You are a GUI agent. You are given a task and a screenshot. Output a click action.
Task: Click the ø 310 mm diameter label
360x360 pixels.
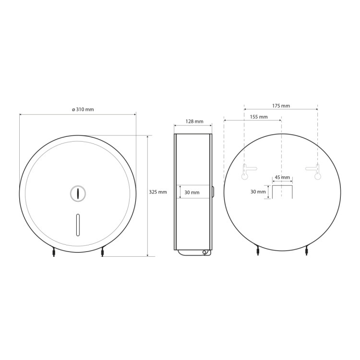[83, 109]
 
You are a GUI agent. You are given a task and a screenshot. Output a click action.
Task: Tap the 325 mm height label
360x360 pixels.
[158, 192]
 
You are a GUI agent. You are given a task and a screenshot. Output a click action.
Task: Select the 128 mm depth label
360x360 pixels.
[194, 121]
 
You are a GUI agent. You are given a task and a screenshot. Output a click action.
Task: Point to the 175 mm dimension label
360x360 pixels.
[281, 106]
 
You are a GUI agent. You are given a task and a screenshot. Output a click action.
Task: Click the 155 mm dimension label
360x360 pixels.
[259, 117]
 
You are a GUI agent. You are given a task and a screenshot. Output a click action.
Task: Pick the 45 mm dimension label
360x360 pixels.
[282, 177]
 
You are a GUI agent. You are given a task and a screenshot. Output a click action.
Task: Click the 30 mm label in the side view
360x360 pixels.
[192, 192]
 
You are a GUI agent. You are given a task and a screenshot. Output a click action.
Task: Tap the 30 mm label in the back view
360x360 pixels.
[258, 192]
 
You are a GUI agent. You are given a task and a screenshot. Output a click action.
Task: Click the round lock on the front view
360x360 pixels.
[78, 193]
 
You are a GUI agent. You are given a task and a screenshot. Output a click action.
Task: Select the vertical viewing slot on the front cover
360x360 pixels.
[78, 225]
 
